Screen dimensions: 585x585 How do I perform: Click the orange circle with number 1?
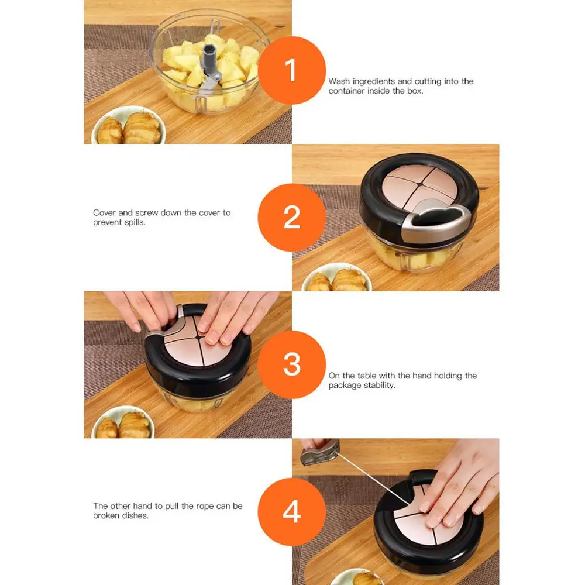coord(291,70)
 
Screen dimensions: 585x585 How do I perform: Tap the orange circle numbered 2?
coord(291,217)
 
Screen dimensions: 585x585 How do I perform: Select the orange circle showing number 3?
coord(291,364)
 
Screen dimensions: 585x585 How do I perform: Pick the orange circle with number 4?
coord(291,511)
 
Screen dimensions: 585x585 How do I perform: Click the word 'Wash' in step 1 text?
coord(339,81)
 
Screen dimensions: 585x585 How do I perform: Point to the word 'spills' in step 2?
coord(134,222)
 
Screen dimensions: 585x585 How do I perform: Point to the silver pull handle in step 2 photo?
coord(436,220)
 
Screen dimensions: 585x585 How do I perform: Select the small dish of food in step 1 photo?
coord(128,125)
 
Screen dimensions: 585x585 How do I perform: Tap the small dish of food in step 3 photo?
coord(123,422)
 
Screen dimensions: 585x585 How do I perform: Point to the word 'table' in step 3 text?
coord(367,376)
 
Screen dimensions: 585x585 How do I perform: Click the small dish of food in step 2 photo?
coord(336,278)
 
